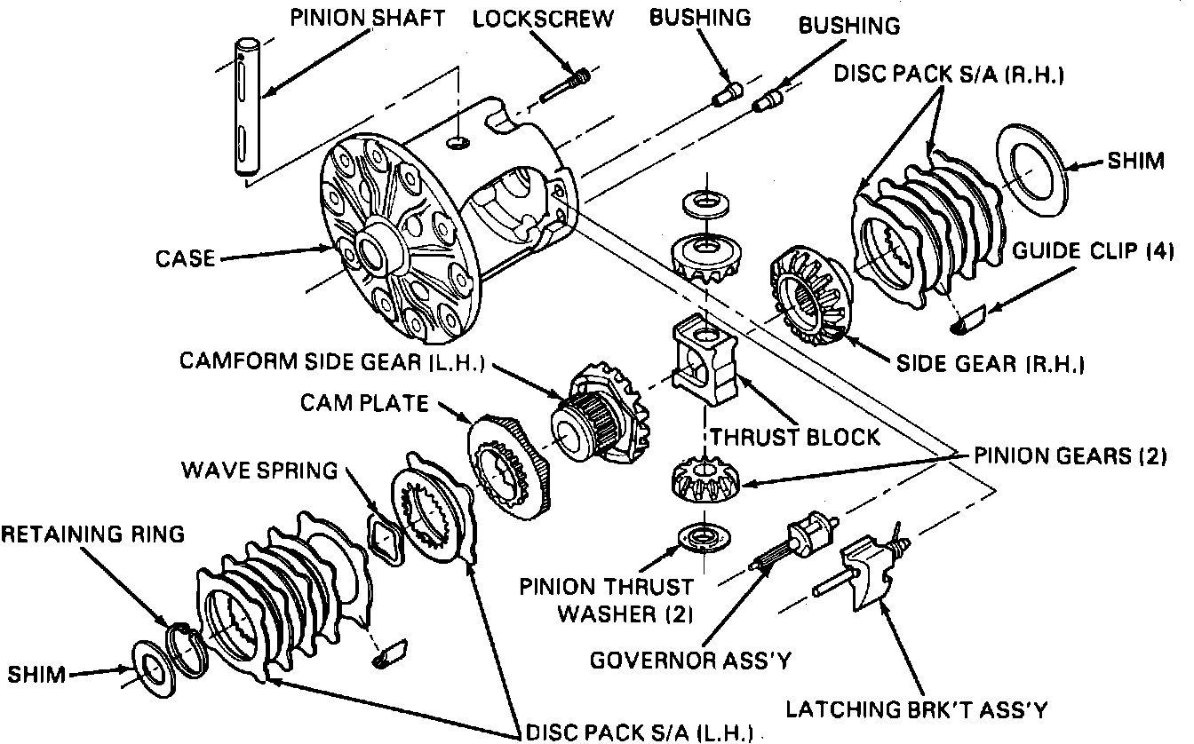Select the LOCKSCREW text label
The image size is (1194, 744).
(542, 19)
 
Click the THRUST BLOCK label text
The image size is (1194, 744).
(794, 436)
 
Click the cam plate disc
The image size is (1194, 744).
(511, 469)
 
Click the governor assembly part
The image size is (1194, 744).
(800, 542)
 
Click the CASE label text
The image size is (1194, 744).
(185, 258)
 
